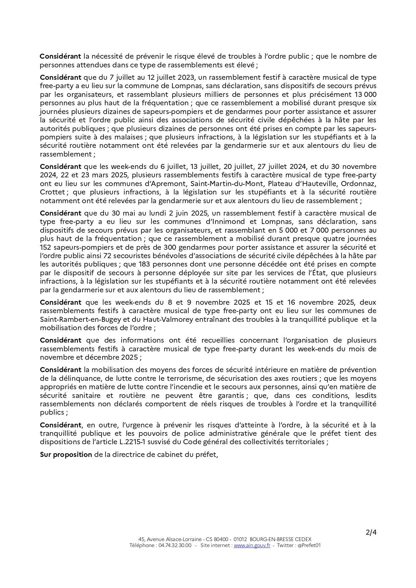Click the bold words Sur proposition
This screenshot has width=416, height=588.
(66, 455)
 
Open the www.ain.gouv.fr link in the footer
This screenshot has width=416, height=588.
(252, 545)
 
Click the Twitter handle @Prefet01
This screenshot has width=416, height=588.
(309, 545)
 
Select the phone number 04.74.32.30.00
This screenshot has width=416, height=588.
(174, 545)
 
